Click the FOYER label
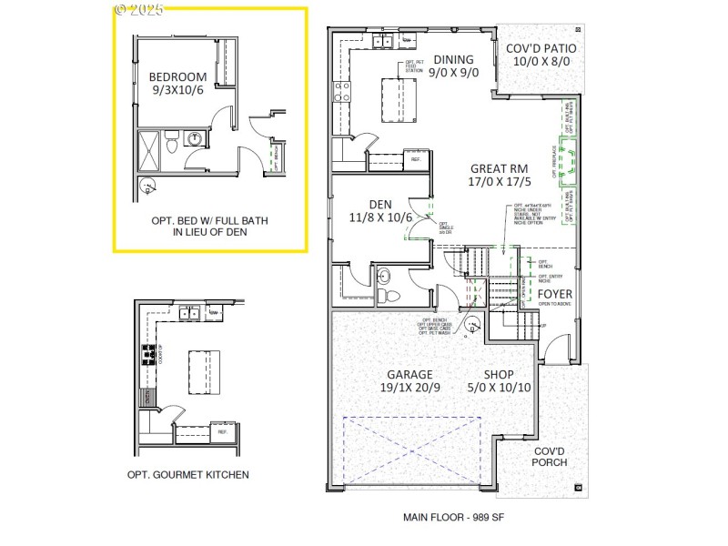(x=554, y=294)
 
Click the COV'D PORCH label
(x=550, y=456)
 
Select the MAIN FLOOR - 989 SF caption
(x=453, y=517)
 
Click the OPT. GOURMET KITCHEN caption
(x=187, y=474)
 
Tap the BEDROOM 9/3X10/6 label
(x=177, y=84)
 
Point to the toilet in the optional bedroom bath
(x=171, y=144)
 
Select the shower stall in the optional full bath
(x=147, y=151)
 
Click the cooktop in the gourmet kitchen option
(x=146, y=355)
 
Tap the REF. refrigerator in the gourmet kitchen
(x=222, y=431)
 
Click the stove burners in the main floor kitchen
(x=342, y=90)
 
